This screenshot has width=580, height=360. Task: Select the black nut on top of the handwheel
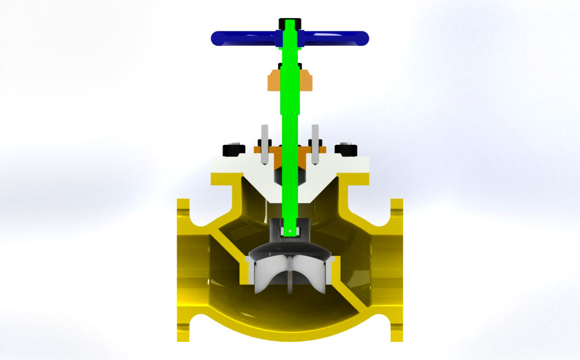[x=290, y=24]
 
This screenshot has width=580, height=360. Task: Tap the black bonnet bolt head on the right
[x=346, y=149]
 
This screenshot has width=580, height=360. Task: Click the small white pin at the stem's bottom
[x=290, y=230]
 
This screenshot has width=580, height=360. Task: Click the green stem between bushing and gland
[x=291, y=115]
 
